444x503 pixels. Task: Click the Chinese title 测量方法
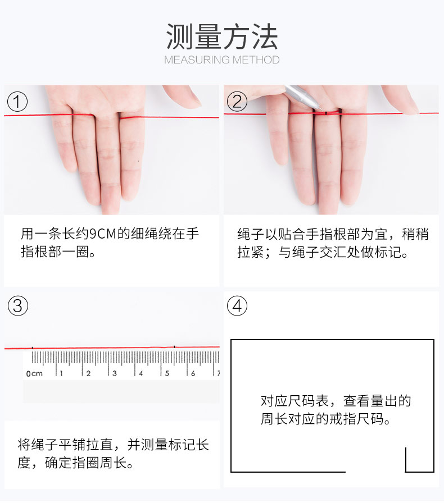tap(221, 36)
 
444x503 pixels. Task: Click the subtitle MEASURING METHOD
tap(221, 60)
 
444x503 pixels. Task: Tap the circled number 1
tap(17, 102)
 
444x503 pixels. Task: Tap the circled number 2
tap(237, 102)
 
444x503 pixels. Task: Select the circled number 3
tap(17, 305)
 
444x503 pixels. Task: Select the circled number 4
tap(237, 305)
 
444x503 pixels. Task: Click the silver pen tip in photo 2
tap(321, 109)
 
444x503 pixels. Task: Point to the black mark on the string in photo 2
tap(326, 113)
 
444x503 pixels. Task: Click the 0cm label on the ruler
tap(34, 373)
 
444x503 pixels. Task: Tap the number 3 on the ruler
tap(115, 373)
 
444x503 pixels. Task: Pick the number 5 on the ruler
tap(167, 373)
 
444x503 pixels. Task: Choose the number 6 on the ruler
tap(193, 373)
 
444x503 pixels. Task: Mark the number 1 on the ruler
tap(61, 373)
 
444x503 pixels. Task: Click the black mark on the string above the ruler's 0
tap(32, 347)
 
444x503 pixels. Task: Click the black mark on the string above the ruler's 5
tap(174, 347)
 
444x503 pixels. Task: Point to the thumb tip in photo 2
tap(414, 110)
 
